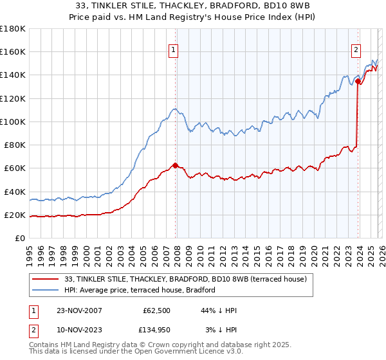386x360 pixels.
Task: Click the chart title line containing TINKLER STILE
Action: point(192,6)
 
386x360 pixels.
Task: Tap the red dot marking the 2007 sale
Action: point(175,165)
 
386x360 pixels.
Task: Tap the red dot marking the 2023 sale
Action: point(358,80)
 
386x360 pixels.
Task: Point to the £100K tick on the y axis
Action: point(14,122)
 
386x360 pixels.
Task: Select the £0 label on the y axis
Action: point(21,238)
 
